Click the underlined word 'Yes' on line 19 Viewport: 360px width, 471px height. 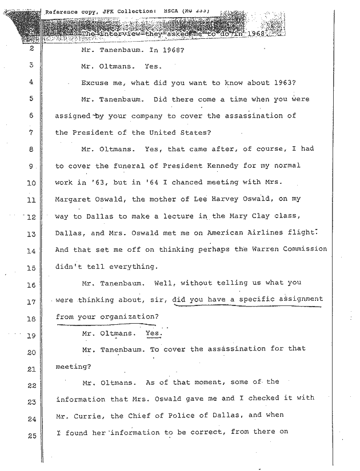click(153, 333)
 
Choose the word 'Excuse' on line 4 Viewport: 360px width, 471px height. click(96, 83)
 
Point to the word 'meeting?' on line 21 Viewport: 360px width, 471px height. click(71, 366)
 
